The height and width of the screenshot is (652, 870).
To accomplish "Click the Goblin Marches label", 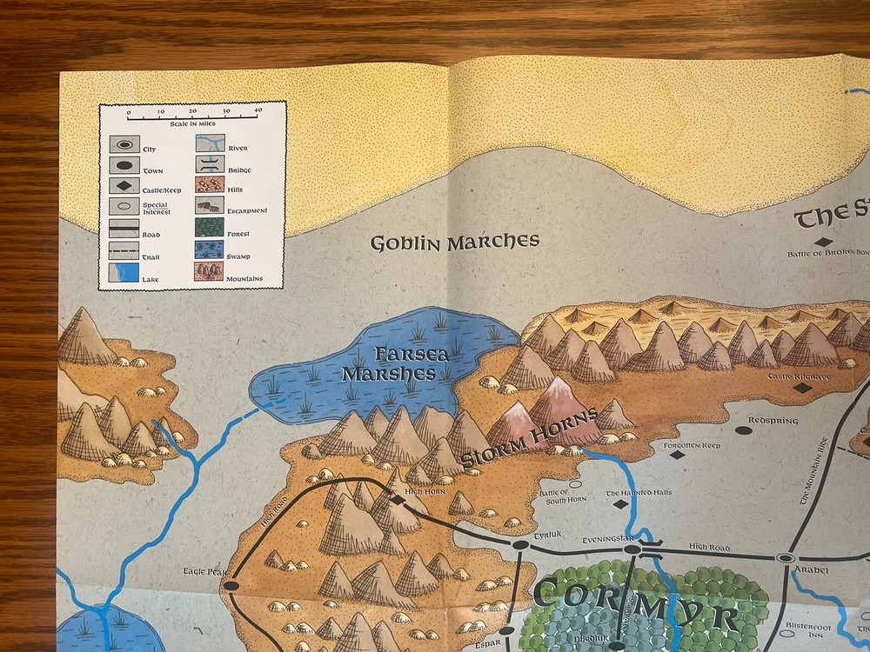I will (x=455, y=242).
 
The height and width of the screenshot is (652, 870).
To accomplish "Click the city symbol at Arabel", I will (x=786, y=557).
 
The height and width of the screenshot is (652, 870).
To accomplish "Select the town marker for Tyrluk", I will (x=519, y=545).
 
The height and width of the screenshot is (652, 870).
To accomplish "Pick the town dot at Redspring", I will (x=743, y=429).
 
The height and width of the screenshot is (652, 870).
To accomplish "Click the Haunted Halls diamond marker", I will (x=620, y=503).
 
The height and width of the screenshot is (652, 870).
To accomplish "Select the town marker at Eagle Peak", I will (x=231, y=587).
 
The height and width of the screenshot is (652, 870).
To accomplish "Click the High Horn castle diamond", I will (x=398, y=500).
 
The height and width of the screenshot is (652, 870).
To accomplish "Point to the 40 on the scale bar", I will (x=258, y=111).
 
